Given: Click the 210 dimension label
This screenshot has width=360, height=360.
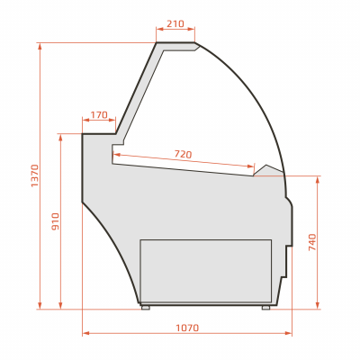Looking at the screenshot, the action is tap(175, 23).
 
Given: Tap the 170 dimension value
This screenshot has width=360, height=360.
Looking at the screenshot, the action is tap(99, 115).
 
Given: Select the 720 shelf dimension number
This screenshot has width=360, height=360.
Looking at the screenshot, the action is tap(183, 155).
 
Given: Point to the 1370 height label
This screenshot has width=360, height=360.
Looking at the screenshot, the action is tap(35, 175).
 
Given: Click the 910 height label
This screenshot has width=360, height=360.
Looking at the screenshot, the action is tap(56, 221).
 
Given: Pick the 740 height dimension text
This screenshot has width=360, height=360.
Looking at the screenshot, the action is tap(312, 242).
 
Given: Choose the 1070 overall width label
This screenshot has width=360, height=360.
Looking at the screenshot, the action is tap(187, 328).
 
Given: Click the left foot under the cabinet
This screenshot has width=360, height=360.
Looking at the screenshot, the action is tap(146, 308).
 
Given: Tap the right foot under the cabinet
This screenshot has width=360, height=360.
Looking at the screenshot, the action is tap(265, 308).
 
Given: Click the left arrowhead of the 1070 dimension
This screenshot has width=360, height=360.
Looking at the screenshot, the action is tap(85, 333).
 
